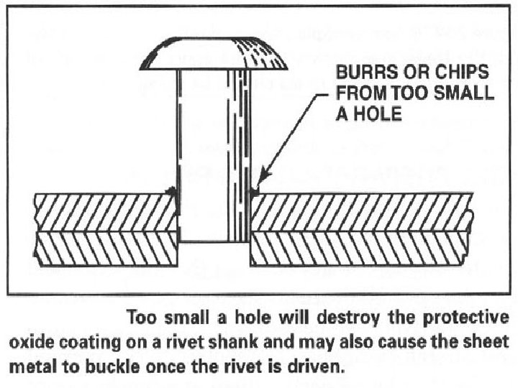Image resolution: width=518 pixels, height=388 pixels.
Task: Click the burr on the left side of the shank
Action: point(171,193)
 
